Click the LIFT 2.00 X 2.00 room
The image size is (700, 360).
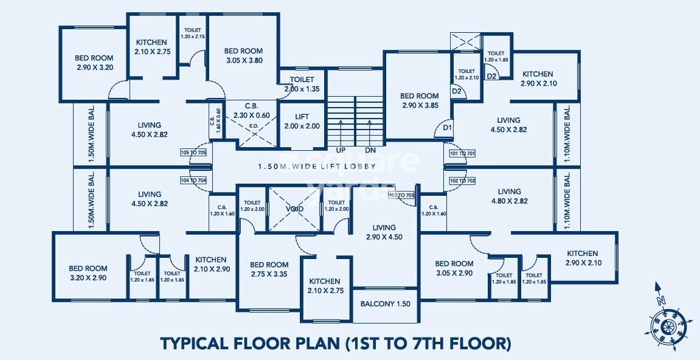[302, 122]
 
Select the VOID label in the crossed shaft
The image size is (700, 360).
[295, 209]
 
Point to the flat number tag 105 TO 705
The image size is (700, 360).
[193, 153]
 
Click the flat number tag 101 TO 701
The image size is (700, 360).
[462, 154]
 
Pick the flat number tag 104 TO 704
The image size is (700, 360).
[193, 180]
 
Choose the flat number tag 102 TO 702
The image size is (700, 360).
[462, 181]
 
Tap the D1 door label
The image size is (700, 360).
[447, 128]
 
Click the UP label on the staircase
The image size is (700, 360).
[340, 150]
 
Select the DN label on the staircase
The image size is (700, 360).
[370, 150]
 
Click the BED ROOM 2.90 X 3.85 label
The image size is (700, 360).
[419, 100]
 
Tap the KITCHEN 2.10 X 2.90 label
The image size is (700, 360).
[210, 264]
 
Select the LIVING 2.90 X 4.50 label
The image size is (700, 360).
[384, 232]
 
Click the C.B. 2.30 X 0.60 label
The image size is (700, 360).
[252, 109]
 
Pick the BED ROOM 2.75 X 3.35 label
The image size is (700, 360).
[269, 269]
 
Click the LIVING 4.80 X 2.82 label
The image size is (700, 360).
[508, 196]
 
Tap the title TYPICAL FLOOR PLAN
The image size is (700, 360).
[335, 343]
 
